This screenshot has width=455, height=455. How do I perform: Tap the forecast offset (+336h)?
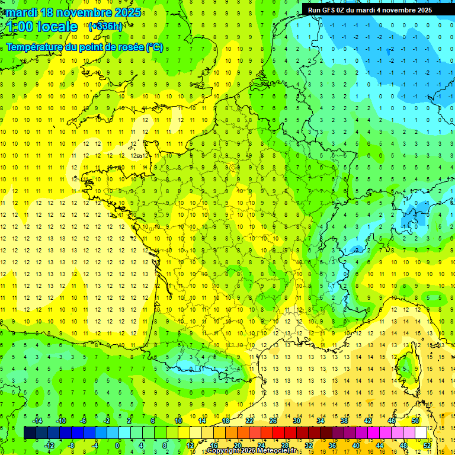(106, 27)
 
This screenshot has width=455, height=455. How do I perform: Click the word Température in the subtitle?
(33, 46)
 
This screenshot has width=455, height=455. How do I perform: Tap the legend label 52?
(427, 446)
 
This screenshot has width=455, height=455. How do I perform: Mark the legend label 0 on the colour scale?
(117, 446)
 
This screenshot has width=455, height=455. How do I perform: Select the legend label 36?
(332, 446)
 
